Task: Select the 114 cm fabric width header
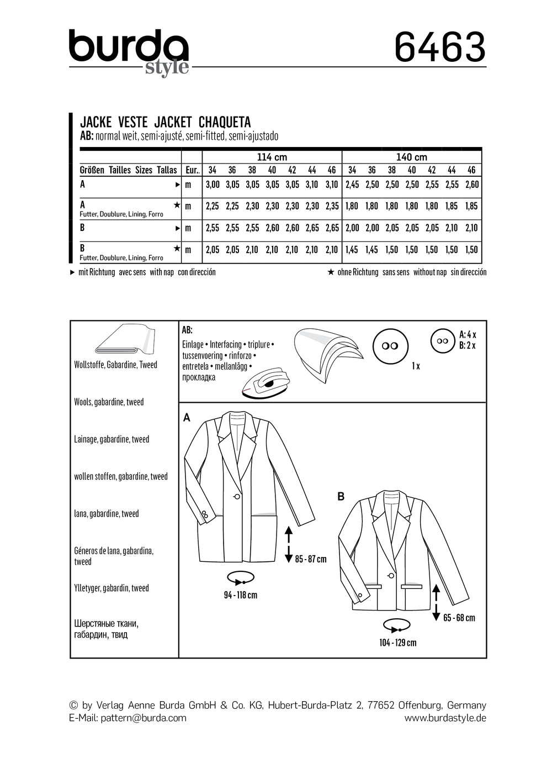pos(272,157)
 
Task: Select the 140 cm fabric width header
pos(411,157)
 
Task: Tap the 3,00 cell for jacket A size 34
pos(213,185)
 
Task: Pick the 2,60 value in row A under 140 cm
pos(472,185)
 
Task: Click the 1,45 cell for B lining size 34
pos(352,250)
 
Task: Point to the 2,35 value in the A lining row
pos(332,206)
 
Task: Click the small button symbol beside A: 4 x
pos(442,341)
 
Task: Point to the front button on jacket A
pos(236,497)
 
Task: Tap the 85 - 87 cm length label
pos(311,559)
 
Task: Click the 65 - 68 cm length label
pos(459,618)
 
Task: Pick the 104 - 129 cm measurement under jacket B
pos(397,643)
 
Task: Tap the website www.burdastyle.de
pos(445,718)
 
